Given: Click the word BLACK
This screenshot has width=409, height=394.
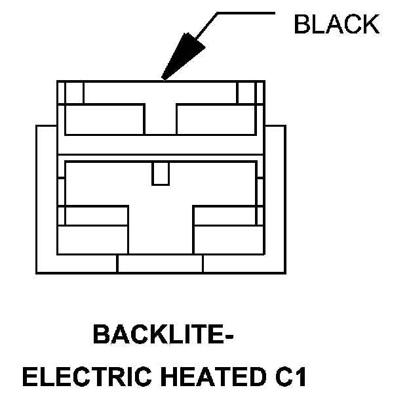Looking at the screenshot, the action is [336, 24].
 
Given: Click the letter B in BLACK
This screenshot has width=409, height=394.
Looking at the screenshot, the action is [302, 24].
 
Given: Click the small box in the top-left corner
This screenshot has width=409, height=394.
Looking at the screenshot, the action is [73, 91].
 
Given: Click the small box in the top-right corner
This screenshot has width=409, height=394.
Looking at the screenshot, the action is [247, 91].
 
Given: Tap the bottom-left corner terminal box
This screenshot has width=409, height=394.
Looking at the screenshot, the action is [93, 240].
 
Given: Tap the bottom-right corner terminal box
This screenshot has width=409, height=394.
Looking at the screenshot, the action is [227, 240].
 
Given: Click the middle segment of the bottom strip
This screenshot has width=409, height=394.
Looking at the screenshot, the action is [160, 263].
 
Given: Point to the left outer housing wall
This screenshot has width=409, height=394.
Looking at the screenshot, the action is [46, 197].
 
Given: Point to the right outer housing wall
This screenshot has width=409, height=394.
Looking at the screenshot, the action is [275, 197].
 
